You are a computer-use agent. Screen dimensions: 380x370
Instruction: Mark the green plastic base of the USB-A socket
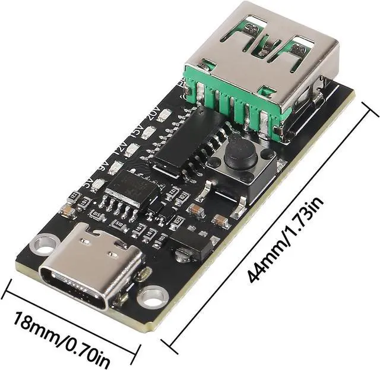click(237, 101)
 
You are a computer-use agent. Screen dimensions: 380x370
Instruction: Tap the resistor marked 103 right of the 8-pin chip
click(173, 192)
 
